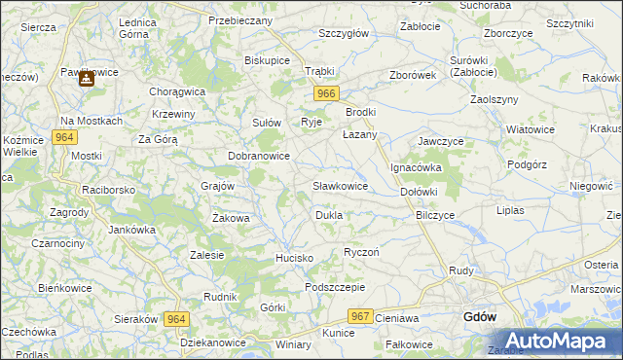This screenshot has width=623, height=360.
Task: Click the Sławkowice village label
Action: pyautogui.click(x=340, y=185)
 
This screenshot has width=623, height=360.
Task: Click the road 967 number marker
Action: pyautogui.click(x=360, y=316)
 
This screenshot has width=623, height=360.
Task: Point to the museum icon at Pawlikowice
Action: pyautogui.click(x=86, y=80)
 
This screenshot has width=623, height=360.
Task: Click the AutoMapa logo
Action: pyautogui.click(x=553, y=341)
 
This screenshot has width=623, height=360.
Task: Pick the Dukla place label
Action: pyautogui.click(x=328, y=214)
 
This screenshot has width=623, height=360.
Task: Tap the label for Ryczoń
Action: pyautogui.click(x=361, y=252)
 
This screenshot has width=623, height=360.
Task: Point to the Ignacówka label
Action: pyautogui.click(x=417, y=167)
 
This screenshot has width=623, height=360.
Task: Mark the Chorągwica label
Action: pyautogui.click(x=177, y=91)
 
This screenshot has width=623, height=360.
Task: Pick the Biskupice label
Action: pyautogui.click(x=268, y=60)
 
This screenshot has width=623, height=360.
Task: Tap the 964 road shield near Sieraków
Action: pyautogui.click(x=175, y=318)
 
